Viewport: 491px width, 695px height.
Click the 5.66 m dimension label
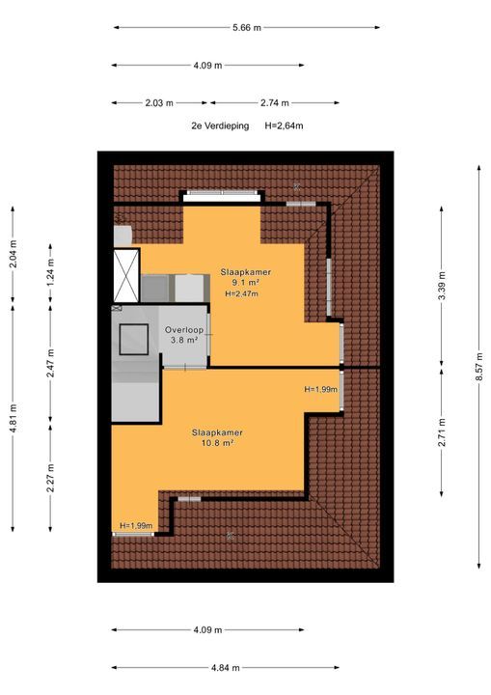[x=247, y=27]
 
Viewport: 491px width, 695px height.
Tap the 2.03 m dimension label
[x=159, y=103]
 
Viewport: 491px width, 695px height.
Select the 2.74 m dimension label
[x=274, y=103]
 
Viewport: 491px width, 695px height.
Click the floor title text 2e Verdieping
[x=220, y=125]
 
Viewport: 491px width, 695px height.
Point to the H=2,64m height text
[x=284, y=125]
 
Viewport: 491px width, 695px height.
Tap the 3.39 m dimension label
[x=442, y=285]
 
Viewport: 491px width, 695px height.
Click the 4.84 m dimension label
[x=225, y=668]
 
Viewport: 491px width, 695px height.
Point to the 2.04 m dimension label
[x=13, y=255]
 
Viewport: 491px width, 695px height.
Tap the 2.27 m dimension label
[x=50, y=478]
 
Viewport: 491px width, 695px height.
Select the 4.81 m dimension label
[x=13, y=418]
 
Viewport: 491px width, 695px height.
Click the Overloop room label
[x=184, y=330]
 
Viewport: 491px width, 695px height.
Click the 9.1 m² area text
[x=245, y=282]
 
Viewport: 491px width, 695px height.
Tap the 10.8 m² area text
[x=217, y=442]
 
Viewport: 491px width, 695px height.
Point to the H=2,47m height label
[x=242, y=293]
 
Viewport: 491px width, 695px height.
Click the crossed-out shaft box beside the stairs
[x=126, y=276]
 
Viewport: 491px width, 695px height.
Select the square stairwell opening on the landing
[x=133, y=340]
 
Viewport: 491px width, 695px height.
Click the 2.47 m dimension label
[x=50, y=364]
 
